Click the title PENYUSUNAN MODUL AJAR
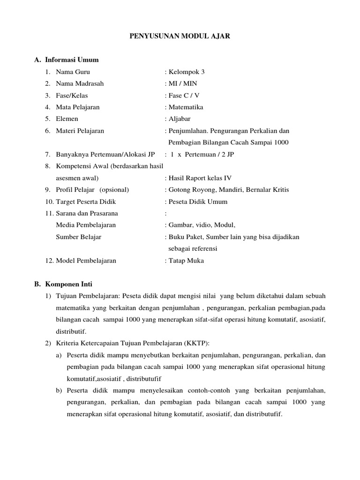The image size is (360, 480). (180, 36)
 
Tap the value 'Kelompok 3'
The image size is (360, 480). (186, 72)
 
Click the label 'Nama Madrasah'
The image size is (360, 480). (80, 83)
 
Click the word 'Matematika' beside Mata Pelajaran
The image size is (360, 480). (186, 107)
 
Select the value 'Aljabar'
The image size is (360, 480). (180, 119)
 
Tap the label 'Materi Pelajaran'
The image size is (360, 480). (80, 131)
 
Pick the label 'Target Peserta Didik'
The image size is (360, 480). (86, 202)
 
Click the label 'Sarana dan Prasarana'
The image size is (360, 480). (87, 213)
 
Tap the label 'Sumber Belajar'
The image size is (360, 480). (78, 237)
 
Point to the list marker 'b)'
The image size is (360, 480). (59, 390)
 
